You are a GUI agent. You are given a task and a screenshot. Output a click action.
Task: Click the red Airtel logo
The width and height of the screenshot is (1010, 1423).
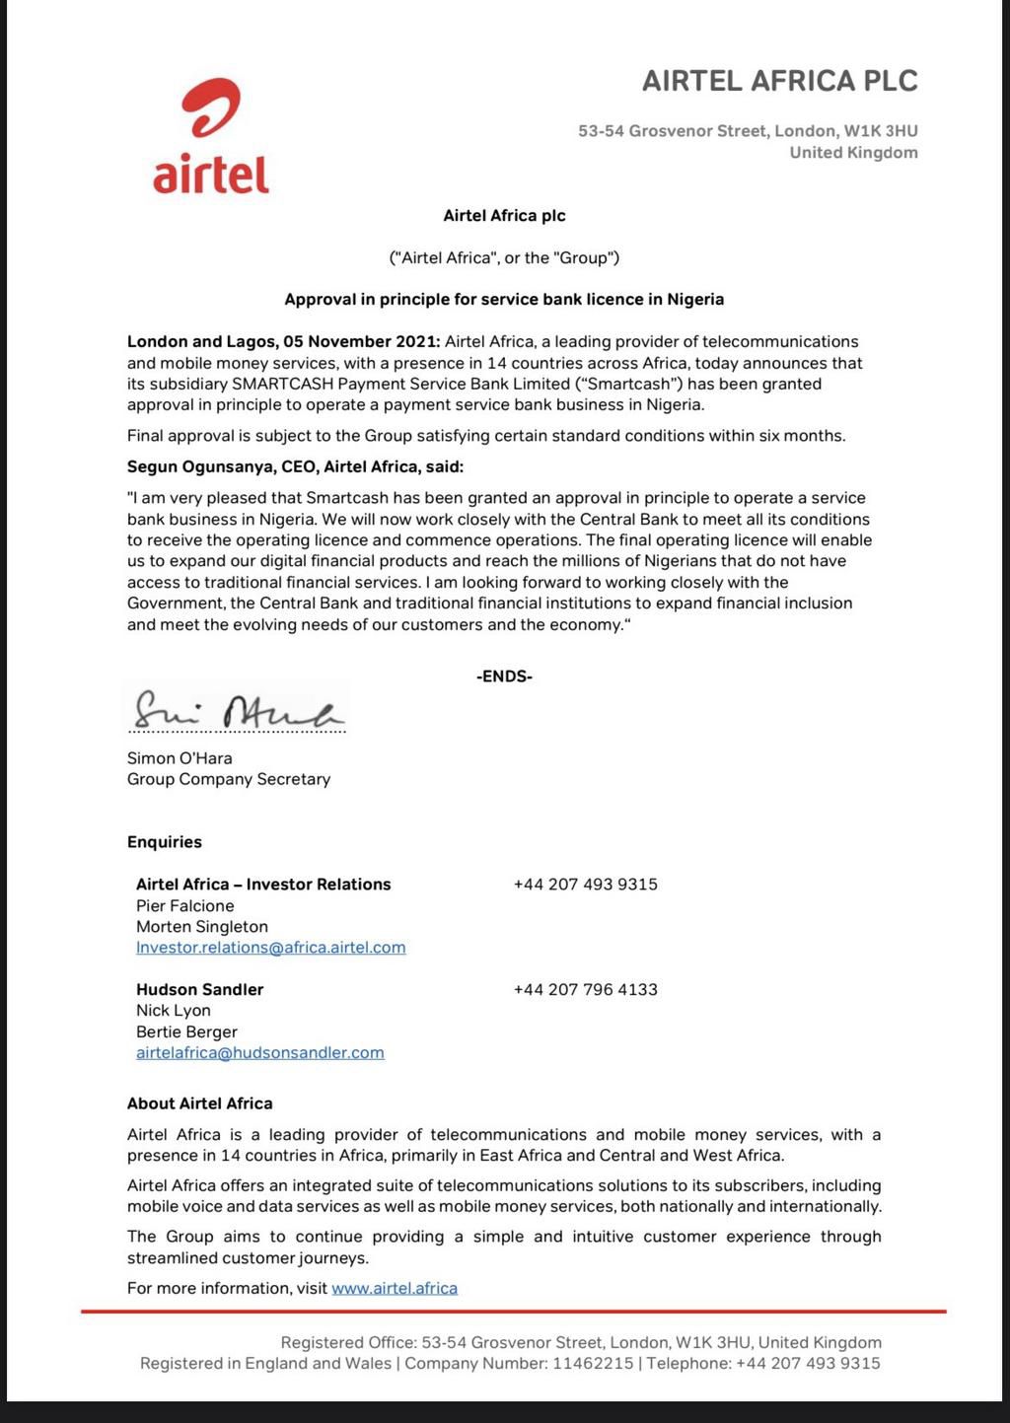211,137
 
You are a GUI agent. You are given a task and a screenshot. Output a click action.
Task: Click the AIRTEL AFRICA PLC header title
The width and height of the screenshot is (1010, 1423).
779,81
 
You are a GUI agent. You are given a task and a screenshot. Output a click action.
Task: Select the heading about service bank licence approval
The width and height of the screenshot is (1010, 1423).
504,299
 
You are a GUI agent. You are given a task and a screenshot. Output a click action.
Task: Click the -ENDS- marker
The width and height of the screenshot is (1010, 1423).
504,676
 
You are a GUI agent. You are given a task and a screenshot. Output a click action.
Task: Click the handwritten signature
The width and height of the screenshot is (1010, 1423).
238,709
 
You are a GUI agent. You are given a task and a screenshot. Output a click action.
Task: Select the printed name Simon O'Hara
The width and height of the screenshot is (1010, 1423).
180,758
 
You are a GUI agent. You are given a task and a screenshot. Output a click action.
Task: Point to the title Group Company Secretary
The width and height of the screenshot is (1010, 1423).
229,779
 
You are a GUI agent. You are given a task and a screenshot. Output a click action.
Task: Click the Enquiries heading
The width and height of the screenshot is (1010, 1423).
165,842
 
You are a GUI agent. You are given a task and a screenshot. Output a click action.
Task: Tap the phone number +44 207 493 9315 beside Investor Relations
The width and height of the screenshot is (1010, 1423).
585,885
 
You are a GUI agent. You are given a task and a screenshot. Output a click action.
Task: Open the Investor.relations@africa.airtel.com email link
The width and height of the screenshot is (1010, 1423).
271,948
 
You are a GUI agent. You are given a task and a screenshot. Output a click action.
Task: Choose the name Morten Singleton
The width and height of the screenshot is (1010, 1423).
202,927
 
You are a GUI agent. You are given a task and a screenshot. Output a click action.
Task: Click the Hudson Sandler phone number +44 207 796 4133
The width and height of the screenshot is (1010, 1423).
585,989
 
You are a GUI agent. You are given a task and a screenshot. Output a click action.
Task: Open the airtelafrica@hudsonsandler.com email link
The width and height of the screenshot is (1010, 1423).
260,1052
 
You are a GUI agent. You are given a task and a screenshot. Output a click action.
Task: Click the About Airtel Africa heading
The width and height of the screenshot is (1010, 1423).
200,1103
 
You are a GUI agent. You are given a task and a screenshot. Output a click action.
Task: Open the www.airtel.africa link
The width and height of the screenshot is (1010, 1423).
395,1288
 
